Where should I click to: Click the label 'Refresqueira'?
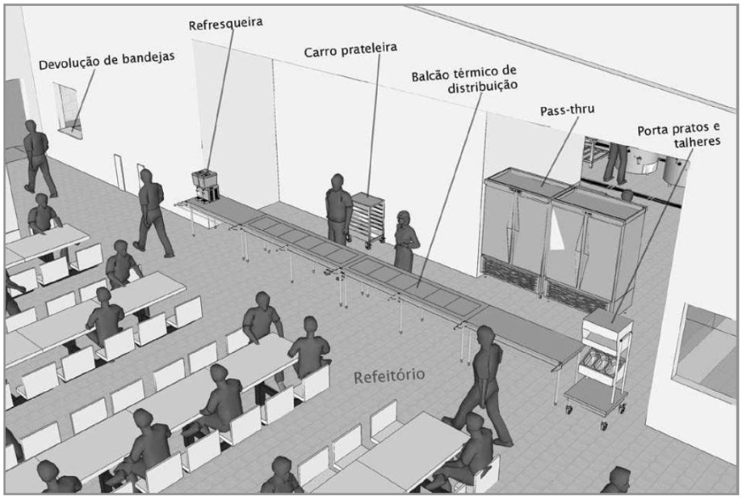pyautogui.click(x=226, y=23)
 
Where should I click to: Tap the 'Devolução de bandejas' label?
pyautogui.click(x=107, y=60)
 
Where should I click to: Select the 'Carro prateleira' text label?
pyautogui.click(x=351, y=49)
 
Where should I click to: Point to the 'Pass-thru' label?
pyautogui.click(x=567, y=110)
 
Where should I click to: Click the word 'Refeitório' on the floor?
pyautogui.click(x=389, y=376)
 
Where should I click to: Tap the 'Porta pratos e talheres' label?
pyautogui.click(x=679, y=135)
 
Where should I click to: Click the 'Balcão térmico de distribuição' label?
pyautogui.click(x=463, y=79)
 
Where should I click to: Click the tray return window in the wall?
pyautogui.click(x=69, y=110)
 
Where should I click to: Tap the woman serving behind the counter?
pyautogui.click(x=406, y=241)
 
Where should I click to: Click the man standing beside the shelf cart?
pyautogui.click(x=339, y=209)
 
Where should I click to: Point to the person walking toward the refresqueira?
pyautogui.click(x=152, y=214)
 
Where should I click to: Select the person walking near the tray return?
pyautogui.click(x=40, y=158)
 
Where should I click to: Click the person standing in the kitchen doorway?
pyautogui.click(x=616, y=163)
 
